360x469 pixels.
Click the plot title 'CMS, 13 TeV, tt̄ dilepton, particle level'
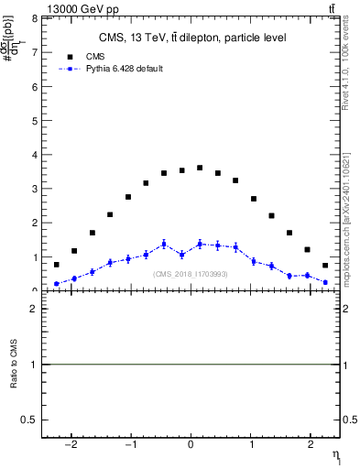[192, 38]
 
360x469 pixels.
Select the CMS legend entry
[83, 55]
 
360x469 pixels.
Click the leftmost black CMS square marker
[56, 265]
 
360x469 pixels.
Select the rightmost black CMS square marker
[325, 266]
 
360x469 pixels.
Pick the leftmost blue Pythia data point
[56, 284]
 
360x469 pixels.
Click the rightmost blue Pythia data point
[325, 283]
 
